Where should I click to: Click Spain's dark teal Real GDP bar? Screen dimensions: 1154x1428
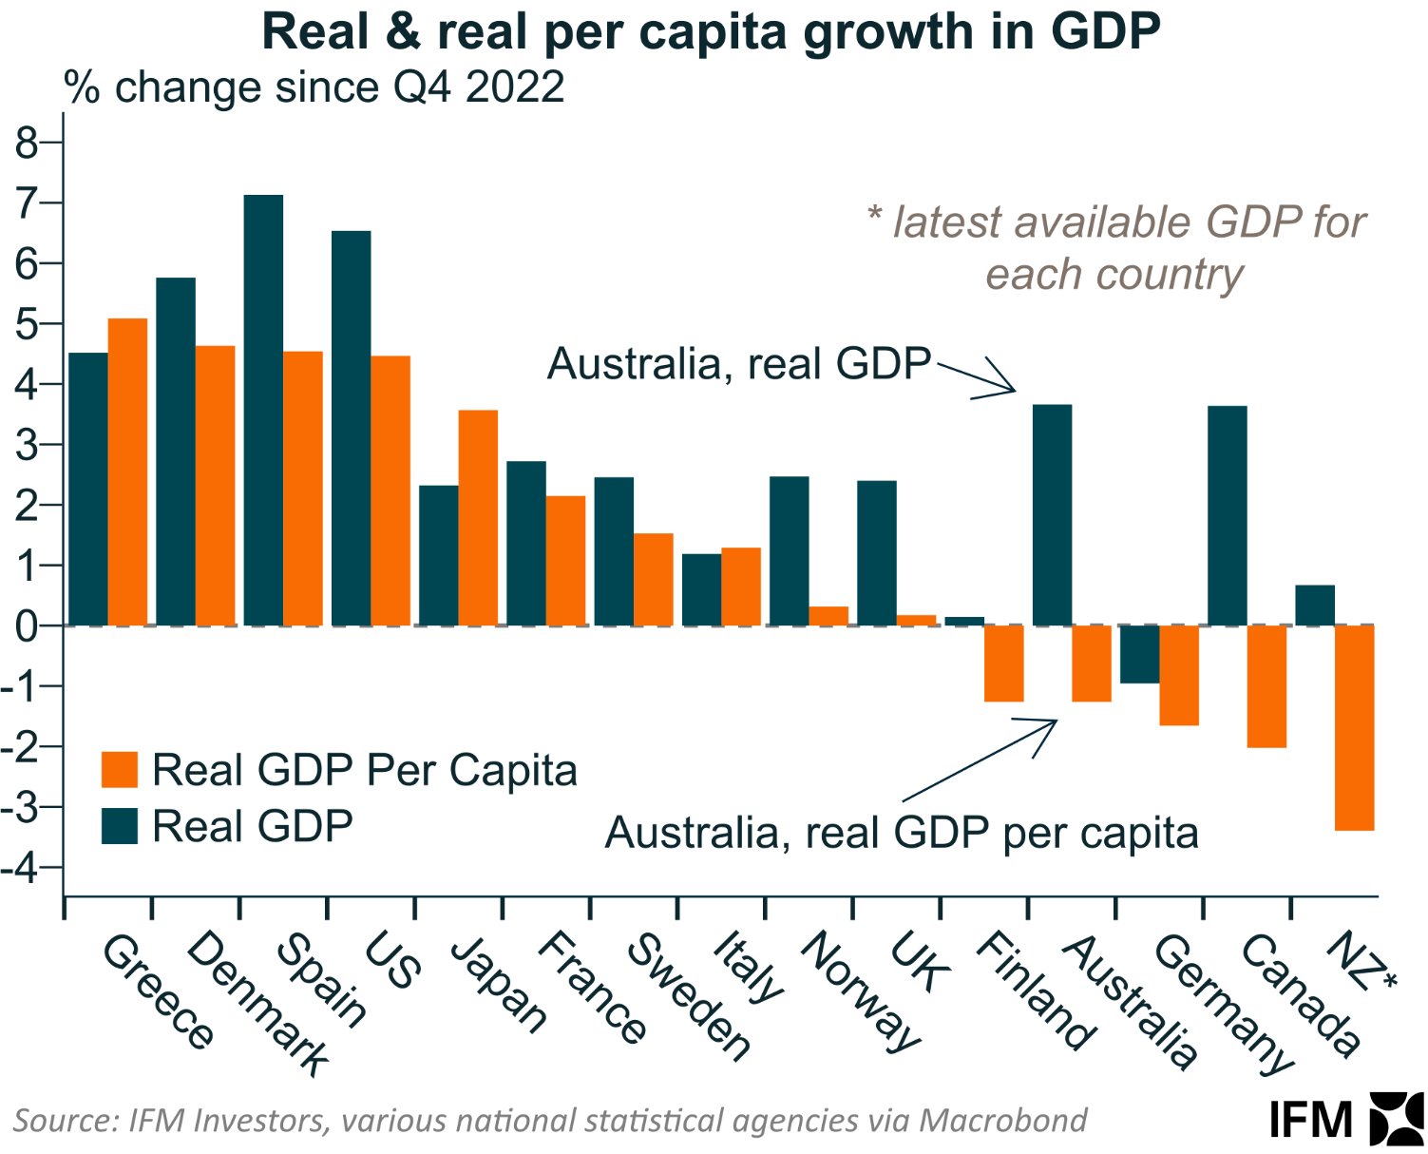pyautogui.click(x=263, y=410)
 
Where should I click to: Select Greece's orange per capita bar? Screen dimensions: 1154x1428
pyautogui.click(x=127, y=471)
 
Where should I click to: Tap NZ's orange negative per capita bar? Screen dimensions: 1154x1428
pyautogui.click(x=1354, y=727)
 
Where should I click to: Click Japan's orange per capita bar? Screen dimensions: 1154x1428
pyautogui.click(x=478, y=517)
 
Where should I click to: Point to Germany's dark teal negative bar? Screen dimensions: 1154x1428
pyautogui.click(x=1139, y=654)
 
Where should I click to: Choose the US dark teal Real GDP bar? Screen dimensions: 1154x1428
pyautogui.click(x=352, y=428)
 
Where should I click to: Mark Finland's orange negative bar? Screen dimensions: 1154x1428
pyautogui.click(x=1003, y=664)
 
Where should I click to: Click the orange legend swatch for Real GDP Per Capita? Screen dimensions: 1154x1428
pyautogui.click(x=120, y=770)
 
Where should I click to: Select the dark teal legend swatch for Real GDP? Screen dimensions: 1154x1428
pyautogui.click(x=120, y=826)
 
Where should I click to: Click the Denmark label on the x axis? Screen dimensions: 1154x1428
pyautogui.click(x=257, y=1003)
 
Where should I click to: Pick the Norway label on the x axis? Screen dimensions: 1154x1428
pyautogui.click(x=861, y=991)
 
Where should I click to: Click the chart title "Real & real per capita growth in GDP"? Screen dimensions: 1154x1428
pyautogui.click(x=711, y=32)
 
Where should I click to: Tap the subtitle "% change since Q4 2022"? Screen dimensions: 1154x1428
pyautogui.click(x=314, y=87)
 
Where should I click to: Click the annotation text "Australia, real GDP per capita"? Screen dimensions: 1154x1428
pyautogui.click(x=902, y=834)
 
